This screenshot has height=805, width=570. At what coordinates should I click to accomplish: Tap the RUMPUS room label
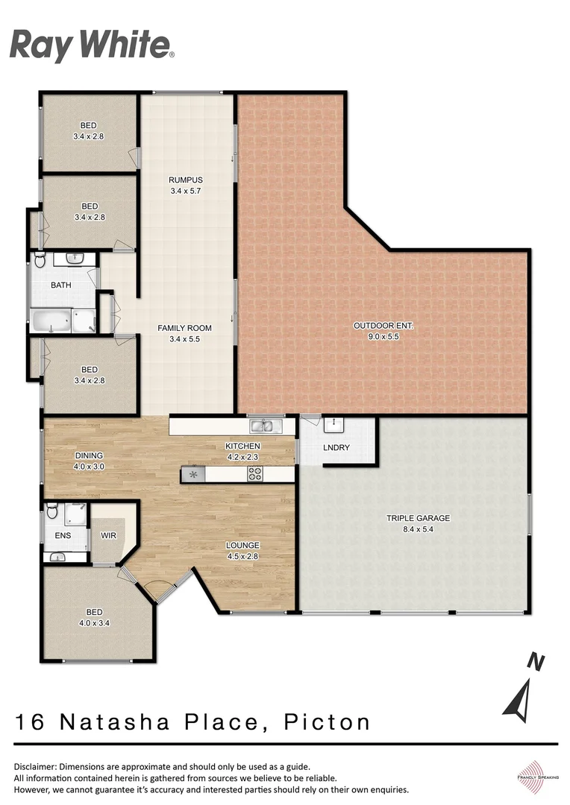click(185, 180)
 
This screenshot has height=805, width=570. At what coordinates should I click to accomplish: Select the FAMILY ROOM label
click(184, 328)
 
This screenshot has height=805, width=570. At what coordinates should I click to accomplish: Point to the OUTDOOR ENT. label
click(383, 326)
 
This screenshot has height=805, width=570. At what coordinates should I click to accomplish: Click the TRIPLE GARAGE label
click(417, 518)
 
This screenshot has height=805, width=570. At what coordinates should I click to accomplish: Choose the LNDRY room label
click(336, 448)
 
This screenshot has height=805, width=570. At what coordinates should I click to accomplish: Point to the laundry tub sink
click(331, 424)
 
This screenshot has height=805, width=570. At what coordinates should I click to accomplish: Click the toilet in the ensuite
click(51, 511)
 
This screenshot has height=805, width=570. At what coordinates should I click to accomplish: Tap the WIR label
click(108, 535)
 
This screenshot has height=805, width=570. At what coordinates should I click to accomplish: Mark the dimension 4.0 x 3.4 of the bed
click(89, 624)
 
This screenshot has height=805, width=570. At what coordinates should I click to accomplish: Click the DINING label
click(89, 456)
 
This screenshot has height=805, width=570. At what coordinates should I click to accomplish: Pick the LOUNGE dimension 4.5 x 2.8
click(242, 555)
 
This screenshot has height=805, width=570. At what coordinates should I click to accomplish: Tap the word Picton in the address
click(329, 722)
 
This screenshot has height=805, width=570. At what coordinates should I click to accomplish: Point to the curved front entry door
click(157, 590)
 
